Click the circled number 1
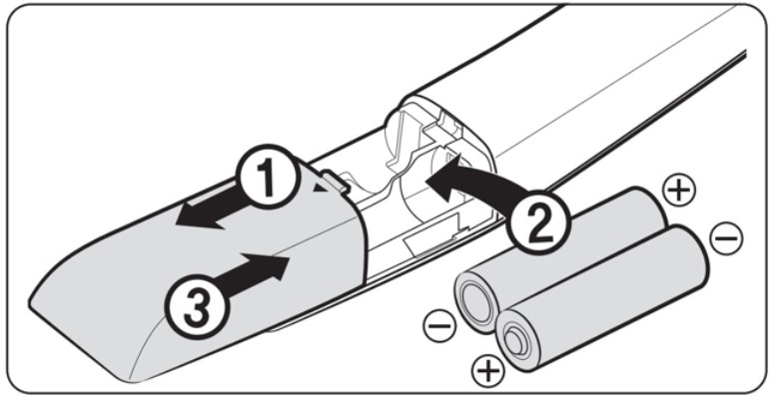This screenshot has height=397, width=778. (268, 178)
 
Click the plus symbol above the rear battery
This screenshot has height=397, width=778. (679, 190)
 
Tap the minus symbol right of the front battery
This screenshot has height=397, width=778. (726, 238)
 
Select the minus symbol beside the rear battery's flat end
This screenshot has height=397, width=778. (439, 326)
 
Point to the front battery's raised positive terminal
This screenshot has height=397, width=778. (516, 341)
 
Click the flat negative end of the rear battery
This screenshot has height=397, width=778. (476, 301)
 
